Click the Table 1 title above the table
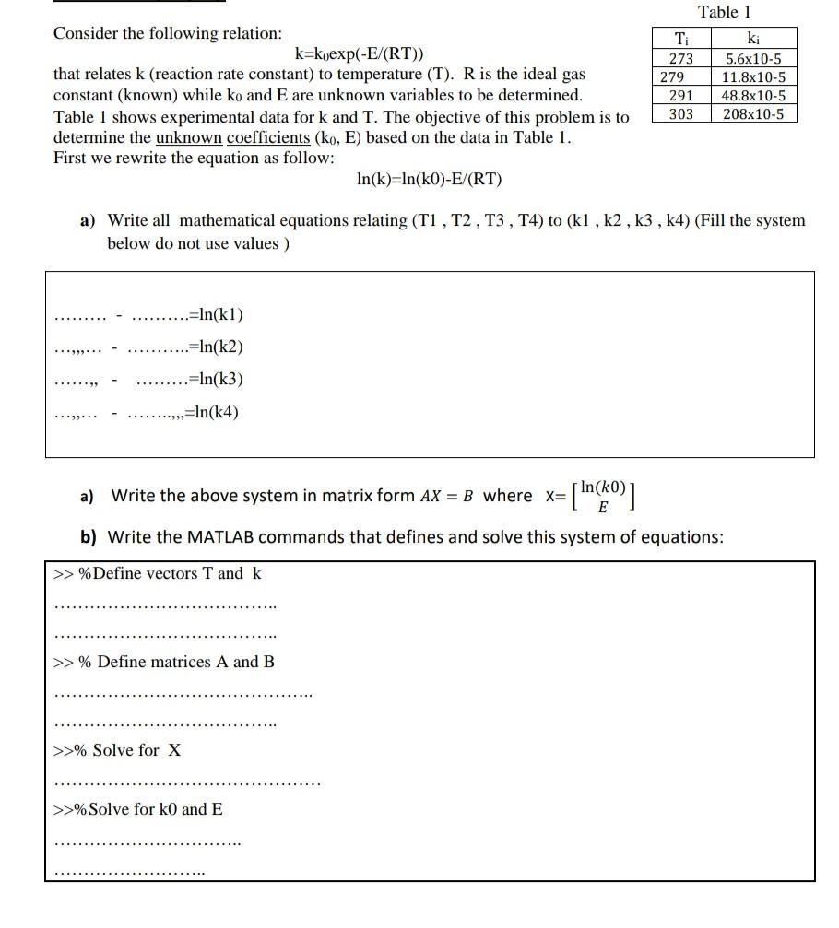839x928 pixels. [725, 12]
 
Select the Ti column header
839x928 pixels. [680, 40]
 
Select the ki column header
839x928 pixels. [753, 40]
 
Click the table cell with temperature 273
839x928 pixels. [680, 59]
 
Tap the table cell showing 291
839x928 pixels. [680, 96]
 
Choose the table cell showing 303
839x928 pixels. [680, 113]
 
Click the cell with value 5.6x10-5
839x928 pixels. [753, 59]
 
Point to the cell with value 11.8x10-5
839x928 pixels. [753, 77]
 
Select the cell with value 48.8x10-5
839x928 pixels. [753, 96]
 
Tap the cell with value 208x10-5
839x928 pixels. [753, 113]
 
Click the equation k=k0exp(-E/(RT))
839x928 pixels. [360, 53]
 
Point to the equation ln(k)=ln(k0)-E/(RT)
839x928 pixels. [429, 179]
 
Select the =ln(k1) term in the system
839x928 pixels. [215, 315]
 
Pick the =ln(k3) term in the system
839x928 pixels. [215, 379]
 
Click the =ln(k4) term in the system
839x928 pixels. [211, 411]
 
